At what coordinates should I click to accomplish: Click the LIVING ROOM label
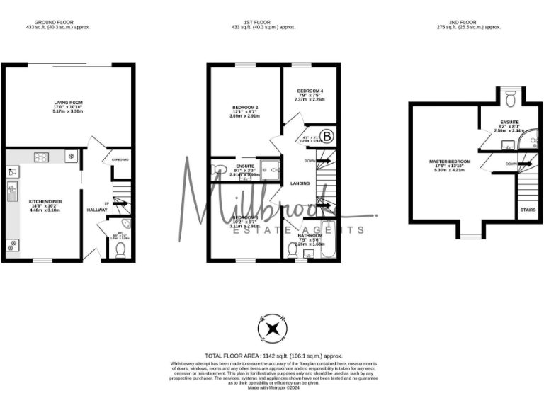tap(69, 103)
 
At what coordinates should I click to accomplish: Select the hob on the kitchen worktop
tap(41, 157)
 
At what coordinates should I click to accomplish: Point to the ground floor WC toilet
tap(120, 250)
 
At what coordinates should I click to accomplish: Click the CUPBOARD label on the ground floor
tap(120, 160)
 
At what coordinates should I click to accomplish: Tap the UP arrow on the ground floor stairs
tap(107, 204)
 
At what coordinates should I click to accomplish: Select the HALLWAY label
tap(96, 210)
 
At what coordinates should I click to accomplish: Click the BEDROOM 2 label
tap(245, 108)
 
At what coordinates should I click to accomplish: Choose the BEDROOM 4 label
tap(310, 91)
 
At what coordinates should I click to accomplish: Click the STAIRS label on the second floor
tap(528, 210)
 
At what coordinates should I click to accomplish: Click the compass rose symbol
tap(273, 327)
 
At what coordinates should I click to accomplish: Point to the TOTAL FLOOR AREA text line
tap(273, 356)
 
